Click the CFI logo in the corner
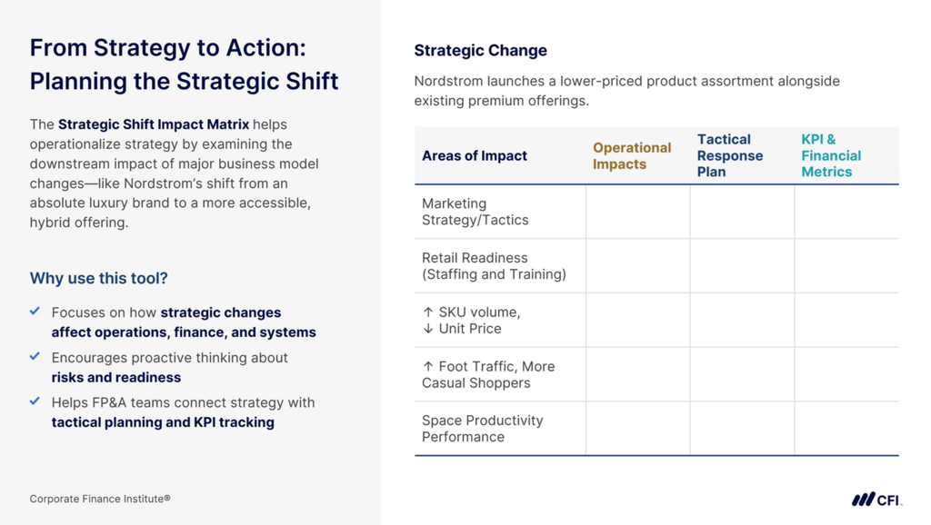tap(876, 500)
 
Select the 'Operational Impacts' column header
tap(632, 155)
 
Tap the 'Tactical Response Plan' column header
tap(730, 155)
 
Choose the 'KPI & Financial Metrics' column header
tap(831, 155)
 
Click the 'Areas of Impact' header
tap(475, 155)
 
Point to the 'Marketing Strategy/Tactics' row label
tap(475, 212)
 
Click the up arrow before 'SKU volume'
tap(428, 312)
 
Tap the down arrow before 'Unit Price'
tap(428, 329)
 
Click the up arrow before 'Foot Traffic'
tap(428, 367)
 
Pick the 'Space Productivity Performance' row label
tap(482, 429)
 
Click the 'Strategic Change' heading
tap(480, 51)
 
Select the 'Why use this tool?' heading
tap(98, 278)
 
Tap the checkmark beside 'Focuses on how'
tap(35, 311)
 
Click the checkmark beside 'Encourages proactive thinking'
tap(35, 356)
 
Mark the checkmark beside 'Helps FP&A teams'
tap(35, 401)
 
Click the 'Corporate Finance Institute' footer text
tap(100, 499)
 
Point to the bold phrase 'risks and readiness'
tap(116, 377)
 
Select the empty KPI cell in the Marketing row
tap(846, 212)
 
